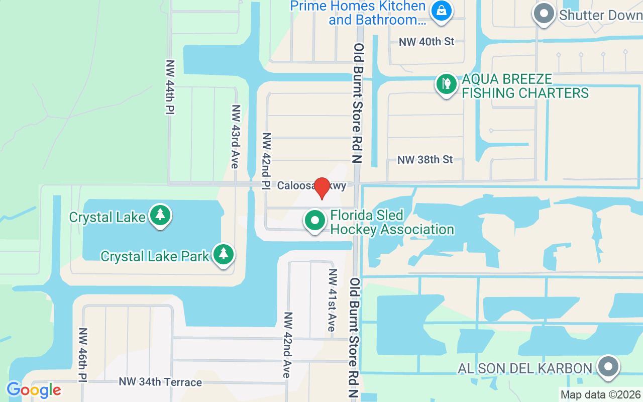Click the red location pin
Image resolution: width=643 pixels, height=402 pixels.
pyautogui.click(x=321, y=187)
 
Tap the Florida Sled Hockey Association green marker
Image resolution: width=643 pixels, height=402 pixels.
pyautogui.click(x=315, y=221)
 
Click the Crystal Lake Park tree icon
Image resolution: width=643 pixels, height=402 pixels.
pyautogui.click(x=223, y=255)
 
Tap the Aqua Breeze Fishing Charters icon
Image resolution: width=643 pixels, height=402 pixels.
pyautogui.click(x=446, y=84)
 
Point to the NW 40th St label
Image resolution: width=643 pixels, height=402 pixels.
pyautogui.click(x=426, y=42)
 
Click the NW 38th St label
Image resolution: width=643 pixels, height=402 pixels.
pyautogui.click(x=425, y=160)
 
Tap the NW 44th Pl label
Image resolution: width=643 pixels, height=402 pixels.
pyautogui.click(x=170, y=87)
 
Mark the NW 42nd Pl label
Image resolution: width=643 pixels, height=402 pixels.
pyautogui.click(x=266, y=161)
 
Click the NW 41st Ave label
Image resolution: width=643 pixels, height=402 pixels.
pyautogui.click(x=332, y=300)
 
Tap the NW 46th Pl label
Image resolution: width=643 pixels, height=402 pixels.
pyautogui.click(x=83, y=355)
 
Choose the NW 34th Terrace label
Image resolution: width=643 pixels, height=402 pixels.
pyautogui.click(x=160, y=382)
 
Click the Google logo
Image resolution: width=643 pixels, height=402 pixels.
pyautogui.click(x=34, y=389)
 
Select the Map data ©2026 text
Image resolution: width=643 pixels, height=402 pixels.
pyautogui.click(x=601, y=395)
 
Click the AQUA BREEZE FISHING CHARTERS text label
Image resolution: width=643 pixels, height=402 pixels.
pyautogui.click(x=525, y=86)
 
